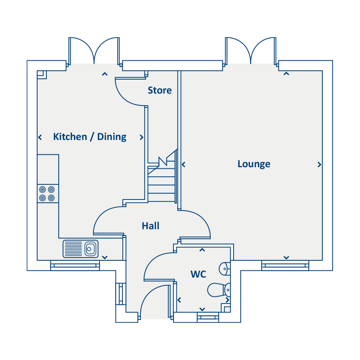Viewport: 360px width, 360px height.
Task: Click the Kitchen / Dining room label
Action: click(90, 137)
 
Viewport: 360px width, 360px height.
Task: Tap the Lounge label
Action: click(254, 164)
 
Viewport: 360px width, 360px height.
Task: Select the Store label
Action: click(160, 90)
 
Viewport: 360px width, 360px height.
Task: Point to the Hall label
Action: click(151, 226)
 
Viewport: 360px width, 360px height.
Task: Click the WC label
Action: click(198, 274)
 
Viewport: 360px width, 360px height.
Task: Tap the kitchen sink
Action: click(80, 249)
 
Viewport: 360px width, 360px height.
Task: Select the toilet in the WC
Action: click(219, 290)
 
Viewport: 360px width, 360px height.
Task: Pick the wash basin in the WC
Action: click(224, 268)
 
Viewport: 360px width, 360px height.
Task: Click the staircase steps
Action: click(162, 181)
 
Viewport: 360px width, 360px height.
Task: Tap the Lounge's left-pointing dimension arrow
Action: click(184, 164)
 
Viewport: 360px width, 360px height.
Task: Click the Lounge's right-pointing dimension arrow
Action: click(319, 164)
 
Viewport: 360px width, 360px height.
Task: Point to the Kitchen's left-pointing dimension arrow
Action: click(40, 137)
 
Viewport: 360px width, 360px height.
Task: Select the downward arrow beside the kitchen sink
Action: click(105, 257)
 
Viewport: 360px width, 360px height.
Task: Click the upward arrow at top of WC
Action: click(202, 250)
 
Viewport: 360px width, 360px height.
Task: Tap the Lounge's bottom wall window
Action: click(285, 266)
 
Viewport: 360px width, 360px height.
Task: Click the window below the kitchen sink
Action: click(75, 266)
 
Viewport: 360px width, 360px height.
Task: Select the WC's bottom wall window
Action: click(208, 317)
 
